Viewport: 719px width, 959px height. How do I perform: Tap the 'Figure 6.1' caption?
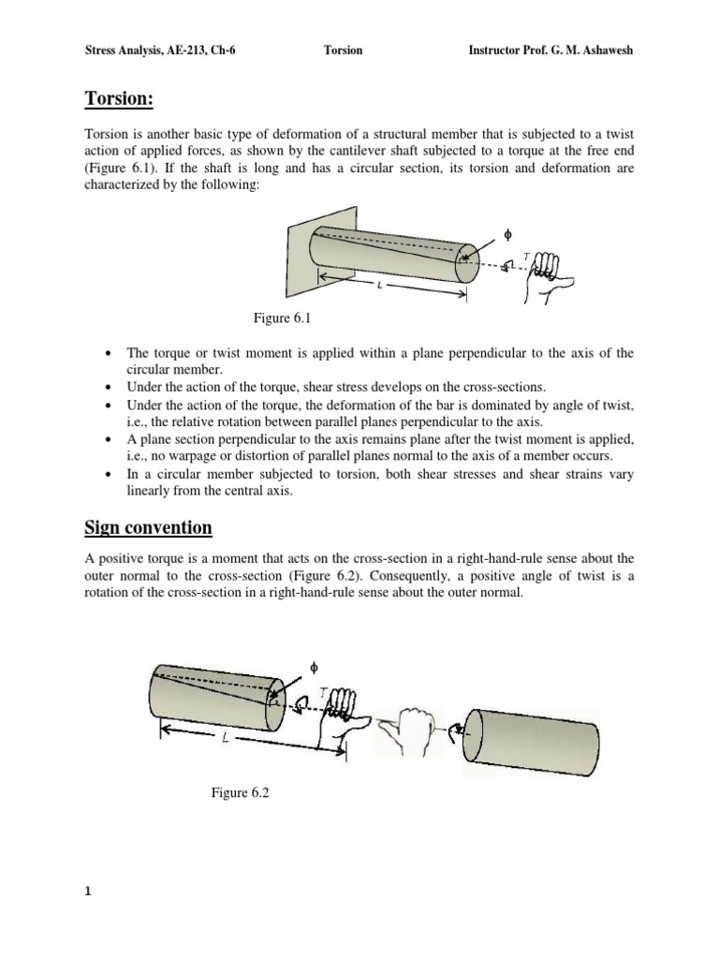282,319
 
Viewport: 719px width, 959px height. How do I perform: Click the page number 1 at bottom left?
88,892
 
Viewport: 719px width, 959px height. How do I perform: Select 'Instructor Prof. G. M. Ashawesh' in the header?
550,50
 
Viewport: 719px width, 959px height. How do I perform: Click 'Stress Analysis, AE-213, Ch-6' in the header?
160,50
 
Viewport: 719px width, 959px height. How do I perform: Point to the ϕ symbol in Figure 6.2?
315,667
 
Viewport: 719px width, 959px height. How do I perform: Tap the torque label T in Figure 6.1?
525,255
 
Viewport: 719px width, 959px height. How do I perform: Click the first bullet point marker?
111,354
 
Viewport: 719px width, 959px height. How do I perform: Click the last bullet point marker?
111,475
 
